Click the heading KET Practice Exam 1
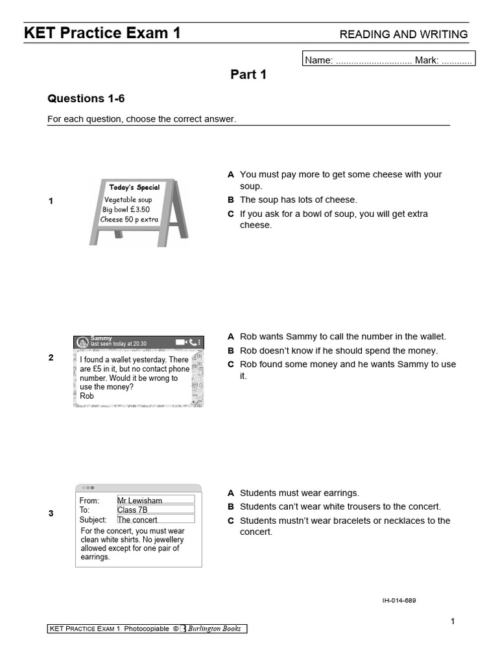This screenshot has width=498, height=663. click(102, 33)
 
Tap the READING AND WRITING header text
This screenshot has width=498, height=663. click(404, 34)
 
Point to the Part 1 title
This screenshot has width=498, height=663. click(248, 74)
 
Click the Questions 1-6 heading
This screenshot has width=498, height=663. click(86, 98)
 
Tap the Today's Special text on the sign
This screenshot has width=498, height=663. click(134, 187)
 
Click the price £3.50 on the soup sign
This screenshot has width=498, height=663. click(139, 209)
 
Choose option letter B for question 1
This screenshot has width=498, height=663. click(230, 200)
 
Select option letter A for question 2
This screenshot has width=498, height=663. click(230, 337)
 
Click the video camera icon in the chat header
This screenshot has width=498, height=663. click(180, 342)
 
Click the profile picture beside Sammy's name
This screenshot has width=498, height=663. click(82, 342)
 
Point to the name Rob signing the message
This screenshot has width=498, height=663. click(87, 396)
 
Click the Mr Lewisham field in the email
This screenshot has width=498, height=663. click(155, 500)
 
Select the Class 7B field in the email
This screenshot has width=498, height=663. click(155, 510)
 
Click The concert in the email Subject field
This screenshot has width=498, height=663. click(155, 519)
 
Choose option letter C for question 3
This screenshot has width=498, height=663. click(230, 521)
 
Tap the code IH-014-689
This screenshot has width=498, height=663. click(399, 600)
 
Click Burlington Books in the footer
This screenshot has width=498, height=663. click(214, 628)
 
